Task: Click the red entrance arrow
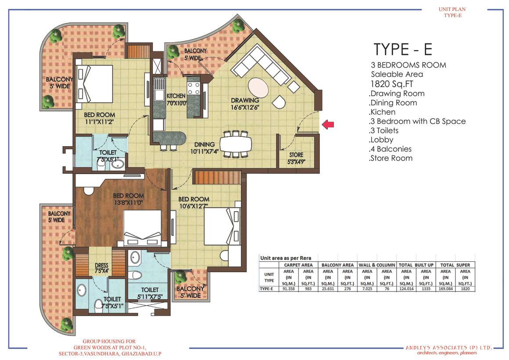(328, 124)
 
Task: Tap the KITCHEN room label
(176, 96)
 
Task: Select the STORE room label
(296, 155)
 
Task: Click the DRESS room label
(102, 266)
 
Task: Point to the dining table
(236, 144)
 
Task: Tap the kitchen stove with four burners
(194, 88)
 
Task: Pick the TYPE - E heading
(403, 49)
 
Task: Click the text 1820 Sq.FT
(391, 84)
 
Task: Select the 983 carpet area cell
(308, 288)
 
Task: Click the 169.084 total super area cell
(445, 288)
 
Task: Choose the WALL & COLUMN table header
(377, 265)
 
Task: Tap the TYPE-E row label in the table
(266, 288)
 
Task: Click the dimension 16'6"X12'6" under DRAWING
(245, 108)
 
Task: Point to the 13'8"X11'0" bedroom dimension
(129, 203)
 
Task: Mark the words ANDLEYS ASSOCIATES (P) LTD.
(449, 348)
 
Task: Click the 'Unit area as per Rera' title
(286, 258)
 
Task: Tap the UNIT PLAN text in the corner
(452, 9)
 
